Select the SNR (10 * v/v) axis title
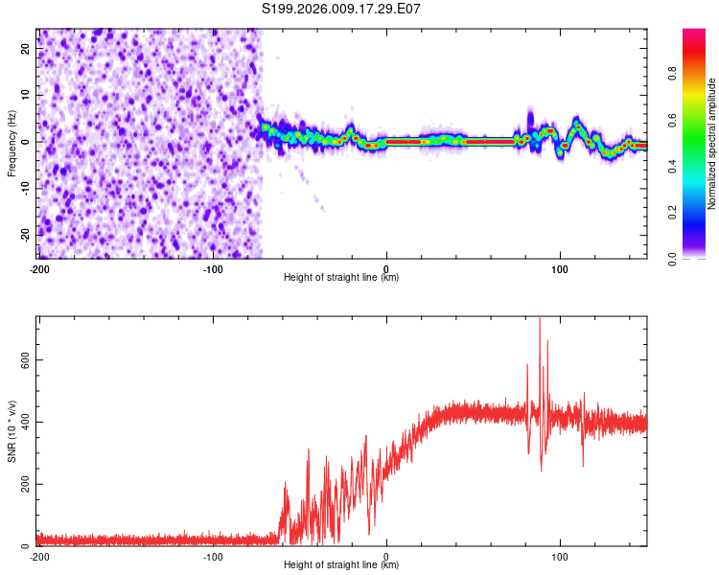12,431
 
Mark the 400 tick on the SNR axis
21,422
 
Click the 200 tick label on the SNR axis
21,484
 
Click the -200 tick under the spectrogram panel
39,269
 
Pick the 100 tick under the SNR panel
561,556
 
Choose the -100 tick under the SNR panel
213,556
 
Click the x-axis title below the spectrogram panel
341,278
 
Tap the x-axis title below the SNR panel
341,564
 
